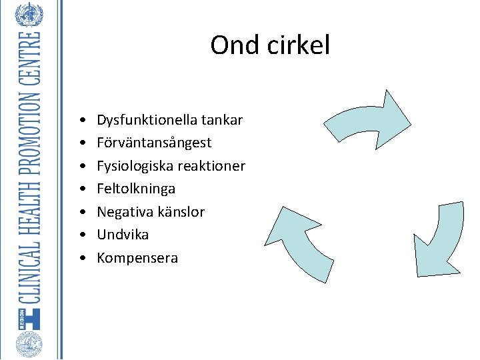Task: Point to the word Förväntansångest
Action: coord(154,143)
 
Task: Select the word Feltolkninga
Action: coord(136,189)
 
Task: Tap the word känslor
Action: coord(181,212)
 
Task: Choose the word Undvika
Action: coord(123,235)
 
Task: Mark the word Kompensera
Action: coord(137,258)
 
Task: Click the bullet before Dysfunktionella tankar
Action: coord(80,121)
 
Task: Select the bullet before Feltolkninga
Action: coord(80,189)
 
